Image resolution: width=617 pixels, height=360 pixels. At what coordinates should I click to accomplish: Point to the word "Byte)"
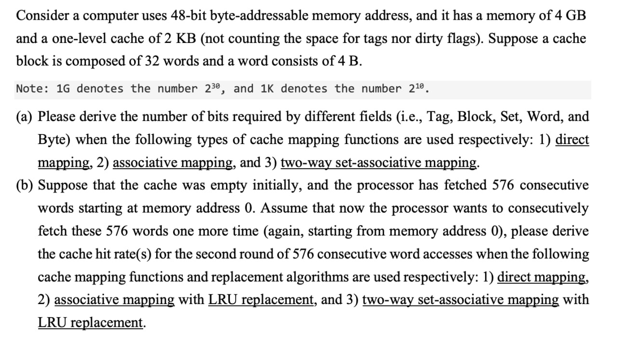(54, 140)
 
